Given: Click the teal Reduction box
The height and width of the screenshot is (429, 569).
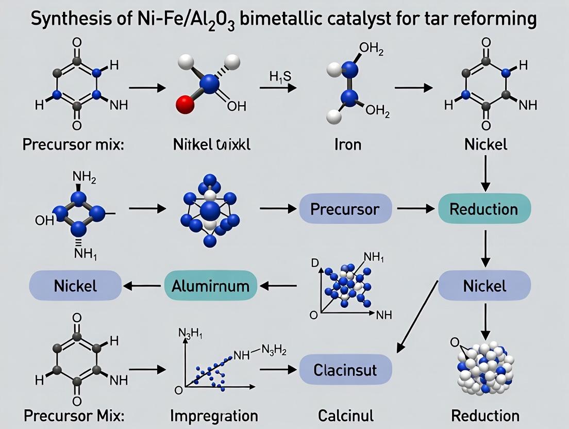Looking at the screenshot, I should click(x=484, y=209).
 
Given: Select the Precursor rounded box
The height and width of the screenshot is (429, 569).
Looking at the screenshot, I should click(x=345, y=209).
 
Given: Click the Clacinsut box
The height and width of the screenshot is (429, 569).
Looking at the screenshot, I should click(x=345, y=369).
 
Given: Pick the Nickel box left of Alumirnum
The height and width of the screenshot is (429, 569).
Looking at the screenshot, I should click(x=75, y=285).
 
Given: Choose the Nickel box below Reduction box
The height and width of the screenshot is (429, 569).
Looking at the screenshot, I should click(x=484, y=285).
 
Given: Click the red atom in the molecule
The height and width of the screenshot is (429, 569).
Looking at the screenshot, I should click(x=185, y=106).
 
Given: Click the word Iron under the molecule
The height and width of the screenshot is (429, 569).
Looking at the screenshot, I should click(x=348, y=144).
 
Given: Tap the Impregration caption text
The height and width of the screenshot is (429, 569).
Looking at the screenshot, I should click(x=214, y=415).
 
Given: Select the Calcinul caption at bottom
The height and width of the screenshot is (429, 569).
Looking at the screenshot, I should click(x=345, y=415).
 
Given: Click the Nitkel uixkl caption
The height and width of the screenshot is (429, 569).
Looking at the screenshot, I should click(x=211, y=144).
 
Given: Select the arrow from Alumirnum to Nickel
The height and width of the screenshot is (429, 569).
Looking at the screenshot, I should click(x=142, y=285).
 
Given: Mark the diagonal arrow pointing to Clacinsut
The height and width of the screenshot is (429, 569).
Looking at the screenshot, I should click(x=417, y=315).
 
